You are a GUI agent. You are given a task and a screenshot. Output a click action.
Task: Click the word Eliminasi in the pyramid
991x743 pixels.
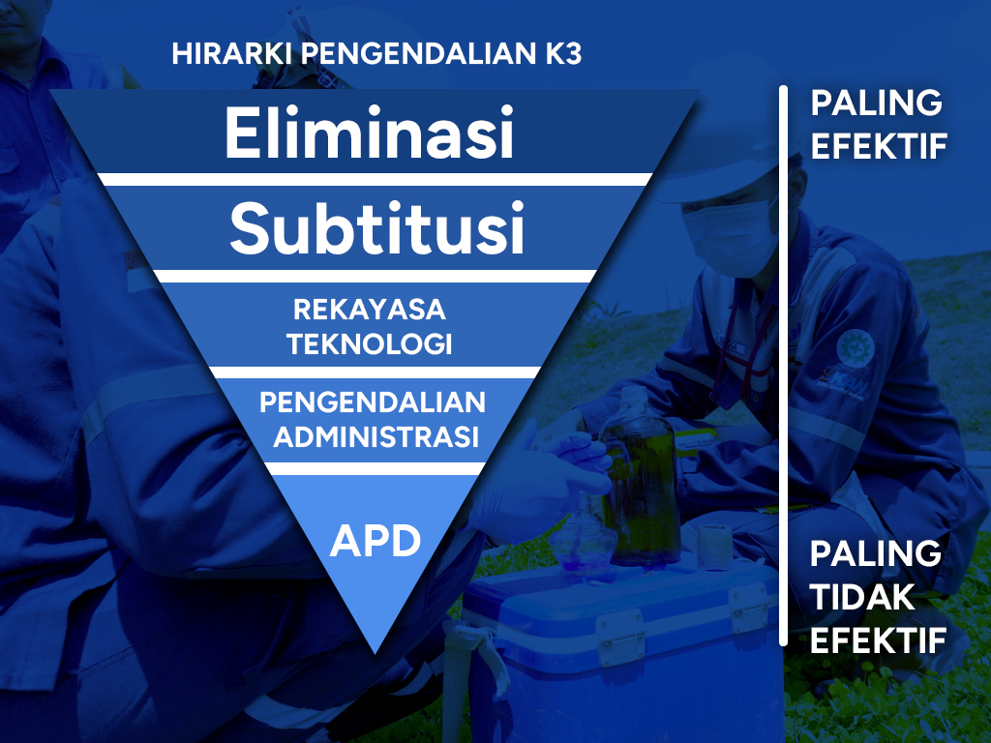tap(369, 134)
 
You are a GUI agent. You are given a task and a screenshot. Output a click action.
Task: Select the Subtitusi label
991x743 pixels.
tap(376, 228)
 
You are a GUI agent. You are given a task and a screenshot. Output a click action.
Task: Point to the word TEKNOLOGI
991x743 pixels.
tap(371, 343)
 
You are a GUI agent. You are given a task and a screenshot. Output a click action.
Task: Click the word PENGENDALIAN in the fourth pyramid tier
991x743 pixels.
tap(373, 401)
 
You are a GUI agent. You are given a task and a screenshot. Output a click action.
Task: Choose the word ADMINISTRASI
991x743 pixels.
tap(376, 436)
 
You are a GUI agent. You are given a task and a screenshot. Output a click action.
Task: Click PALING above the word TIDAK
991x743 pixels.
tap(875, 554)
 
